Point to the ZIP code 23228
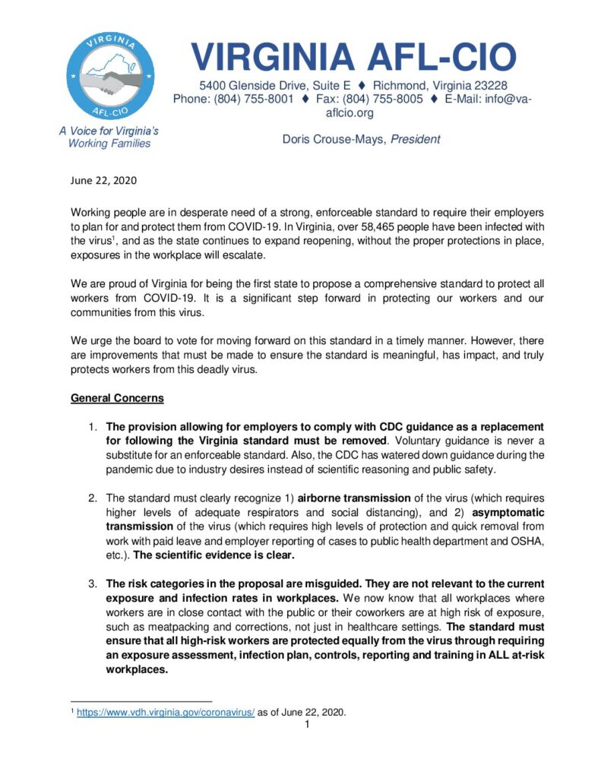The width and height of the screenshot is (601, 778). coord(491,85)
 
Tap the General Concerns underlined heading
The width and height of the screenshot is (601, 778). coord(117,399)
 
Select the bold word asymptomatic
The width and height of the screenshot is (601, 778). coord(504,513)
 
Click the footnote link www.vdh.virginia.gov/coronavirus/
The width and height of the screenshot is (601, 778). coord(126,713)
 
